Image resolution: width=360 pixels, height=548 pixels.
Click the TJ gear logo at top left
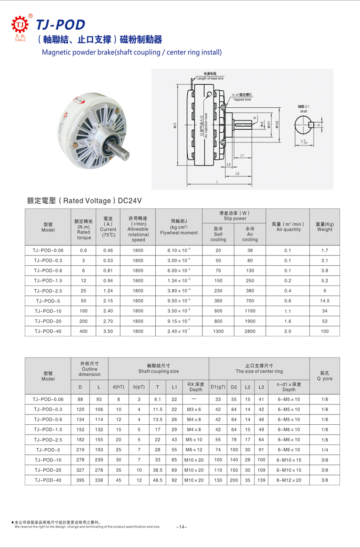coord(19,24)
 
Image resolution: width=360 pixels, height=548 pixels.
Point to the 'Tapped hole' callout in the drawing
coord(241,97)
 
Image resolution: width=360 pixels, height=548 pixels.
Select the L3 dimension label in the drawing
coord(238,174)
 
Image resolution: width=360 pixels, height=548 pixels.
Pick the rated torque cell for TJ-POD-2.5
coord(84,291)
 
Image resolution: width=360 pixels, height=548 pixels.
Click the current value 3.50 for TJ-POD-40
coord(108,331)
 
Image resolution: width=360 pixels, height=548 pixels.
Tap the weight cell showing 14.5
coord(325,301)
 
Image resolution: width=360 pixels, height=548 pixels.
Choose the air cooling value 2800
coord(250,331)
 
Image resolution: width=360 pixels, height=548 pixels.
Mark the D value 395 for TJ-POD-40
coord(80,480)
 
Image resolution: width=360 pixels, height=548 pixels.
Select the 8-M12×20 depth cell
coord(288,480)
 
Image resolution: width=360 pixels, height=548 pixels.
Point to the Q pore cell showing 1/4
coord(325,450)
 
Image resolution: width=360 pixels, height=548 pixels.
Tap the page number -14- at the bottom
coord(181,526)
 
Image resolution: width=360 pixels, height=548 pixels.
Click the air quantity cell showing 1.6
coord(288,321)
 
